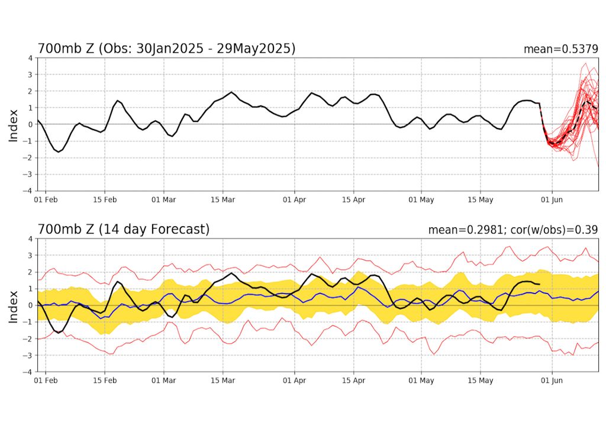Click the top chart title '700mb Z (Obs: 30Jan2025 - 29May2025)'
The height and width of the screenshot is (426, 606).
tap(166, 49)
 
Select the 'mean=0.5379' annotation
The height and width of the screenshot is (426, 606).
tap(560, 49)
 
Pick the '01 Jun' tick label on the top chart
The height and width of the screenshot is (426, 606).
tap(552, 200)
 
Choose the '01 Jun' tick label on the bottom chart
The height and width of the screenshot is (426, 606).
tap(552, 381)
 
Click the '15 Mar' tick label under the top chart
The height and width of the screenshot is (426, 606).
tap(223, 200)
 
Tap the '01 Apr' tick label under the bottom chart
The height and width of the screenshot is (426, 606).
tap(294, 381)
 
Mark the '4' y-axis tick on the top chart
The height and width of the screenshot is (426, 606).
tap(30, 58)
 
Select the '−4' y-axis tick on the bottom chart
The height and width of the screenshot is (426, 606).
tap(27, 372)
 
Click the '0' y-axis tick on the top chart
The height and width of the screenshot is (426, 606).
tap(30, 124)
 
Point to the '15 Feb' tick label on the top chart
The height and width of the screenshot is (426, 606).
tap(104, 200)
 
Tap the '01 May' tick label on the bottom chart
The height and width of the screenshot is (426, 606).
tap(422, 381)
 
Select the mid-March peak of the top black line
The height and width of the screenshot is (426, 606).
tap(231, 92)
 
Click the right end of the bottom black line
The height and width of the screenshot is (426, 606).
tap(539, 285)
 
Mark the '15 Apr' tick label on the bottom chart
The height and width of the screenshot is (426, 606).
tap(353, 381)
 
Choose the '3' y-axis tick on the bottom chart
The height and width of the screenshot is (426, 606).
tap(30, 256)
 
